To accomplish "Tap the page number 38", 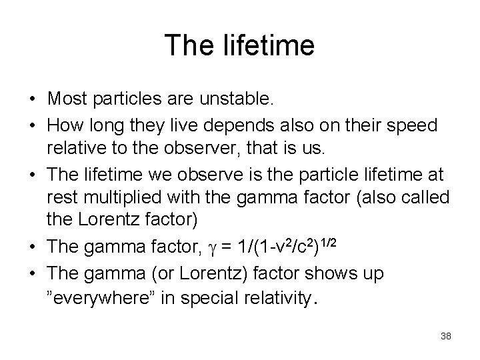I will [x=446, y=336].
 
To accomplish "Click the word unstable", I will [x=241, y=100].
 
